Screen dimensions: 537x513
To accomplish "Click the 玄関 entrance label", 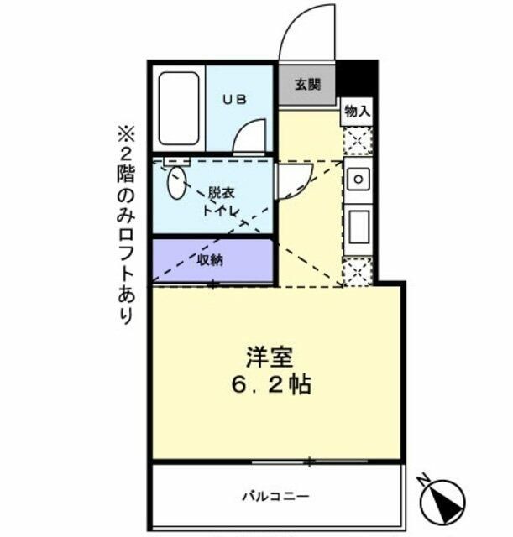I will (306, 85).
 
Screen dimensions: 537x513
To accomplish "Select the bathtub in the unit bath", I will (180, 109).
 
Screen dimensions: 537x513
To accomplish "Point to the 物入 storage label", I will (357, 111).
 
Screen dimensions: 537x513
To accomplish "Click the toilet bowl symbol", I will (177, 184).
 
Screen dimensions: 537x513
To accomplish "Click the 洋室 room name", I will (269, 357).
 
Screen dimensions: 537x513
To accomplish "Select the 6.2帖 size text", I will (270, 385).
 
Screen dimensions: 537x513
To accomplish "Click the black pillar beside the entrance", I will (356, 80).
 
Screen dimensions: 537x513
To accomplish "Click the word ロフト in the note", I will (125, 252).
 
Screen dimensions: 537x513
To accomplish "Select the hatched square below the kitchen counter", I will (357, 272).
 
